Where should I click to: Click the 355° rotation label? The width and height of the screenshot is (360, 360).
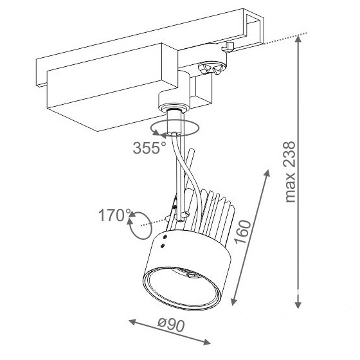click(x=149, y=148)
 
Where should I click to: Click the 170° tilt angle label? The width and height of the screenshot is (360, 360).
click(x=115, y=215)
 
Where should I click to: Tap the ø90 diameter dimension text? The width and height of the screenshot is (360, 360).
click(x=171, y=325)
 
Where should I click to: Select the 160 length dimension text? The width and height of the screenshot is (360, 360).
click(x=243, y=231)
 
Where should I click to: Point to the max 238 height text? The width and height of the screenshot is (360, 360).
click(x=289, y=172)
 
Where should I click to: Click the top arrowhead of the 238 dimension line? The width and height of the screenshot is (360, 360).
click(x=298, y=39)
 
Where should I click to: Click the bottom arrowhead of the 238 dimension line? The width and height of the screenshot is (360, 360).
click(x=298, y=303)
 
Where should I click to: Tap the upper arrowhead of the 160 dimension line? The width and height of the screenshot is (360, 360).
click(x=267, y=174)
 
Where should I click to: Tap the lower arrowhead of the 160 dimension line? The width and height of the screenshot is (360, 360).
click(x=233, y=301)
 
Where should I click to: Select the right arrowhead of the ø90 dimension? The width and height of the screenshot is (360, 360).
click(x=206, y=342)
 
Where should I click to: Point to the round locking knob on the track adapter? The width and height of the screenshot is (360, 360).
click(x=211, y=68)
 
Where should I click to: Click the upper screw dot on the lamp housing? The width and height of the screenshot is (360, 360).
click(x=165, y=237)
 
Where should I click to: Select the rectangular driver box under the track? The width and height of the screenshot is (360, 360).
click(x=113, y=87)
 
